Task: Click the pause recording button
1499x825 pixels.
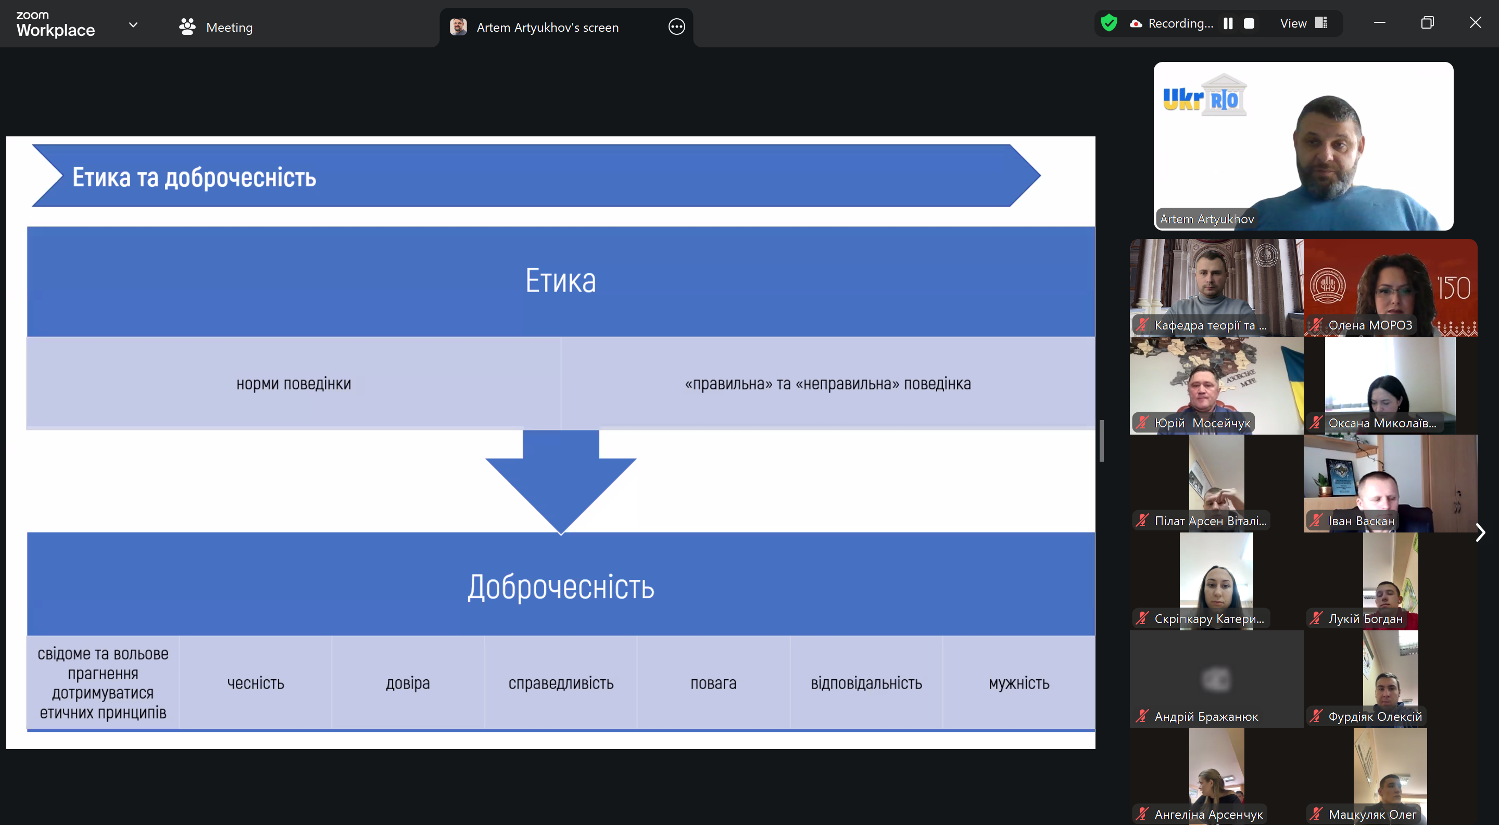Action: (x=1228, y=23)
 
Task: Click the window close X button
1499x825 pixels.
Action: (x=1475, y=23)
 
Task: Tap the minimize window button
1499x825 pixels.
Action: (x=1380, y=23)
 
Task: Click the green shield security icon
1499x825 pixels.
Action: (x=1109, y=23)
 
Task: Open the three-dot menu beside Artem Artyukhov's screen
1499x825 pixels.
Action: (x=677, y=27)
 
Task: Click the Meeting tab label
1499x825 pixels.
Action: (x=229, y=28)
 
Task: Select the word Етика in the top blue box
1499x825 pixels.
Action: (x=560, y=281)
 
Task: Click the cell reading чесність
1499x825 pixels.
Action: (x=256, y=683)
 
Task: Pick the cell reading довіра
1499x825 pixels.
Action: (x=408, y=683)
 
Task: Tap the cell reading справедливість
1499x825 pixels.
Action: (x=561, y=683)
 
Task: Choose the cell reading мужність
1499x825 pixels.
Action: (x=1019, y=683)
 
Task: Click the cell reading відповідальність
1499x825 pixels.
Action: (x=866, y=683)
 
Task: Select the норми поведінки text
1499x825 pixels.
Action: (x=294, y=384)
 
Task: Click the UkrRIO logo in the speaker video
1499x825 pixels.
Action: (x=1204, y=96)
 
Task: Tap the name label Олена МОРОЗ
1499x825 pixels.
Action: (x=1370, y=325)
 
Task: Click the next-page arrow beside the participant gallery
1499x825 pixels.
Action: (x=1480, y=532)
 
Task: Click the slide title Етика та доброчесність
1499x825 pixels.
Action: (x=194, y=177)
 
